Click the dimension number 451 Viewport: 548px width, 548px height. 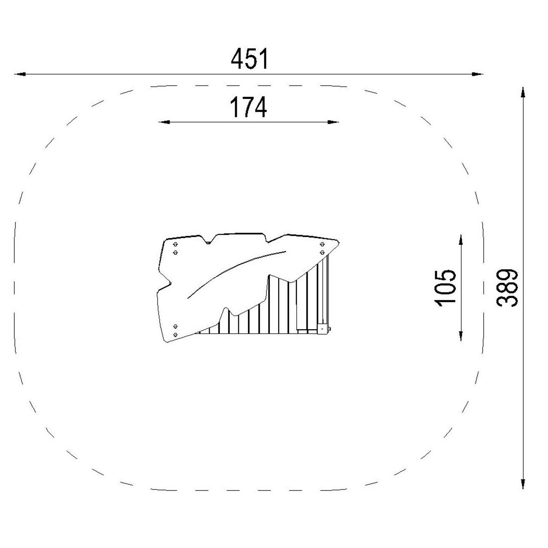pyautogui.click(x=249, y=59)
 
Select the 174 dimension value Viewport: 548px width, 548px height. pyautogui.click(x=248, y=107)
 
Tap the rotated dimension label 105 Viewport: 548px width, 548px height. pyautogui.click(x=445, y=288)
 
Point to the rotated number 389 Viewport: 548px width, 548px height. pyautogui.click(x=507, y=288)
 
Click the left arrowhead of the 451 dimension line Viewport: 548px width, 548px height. pyautogui.click(x=20, y=74)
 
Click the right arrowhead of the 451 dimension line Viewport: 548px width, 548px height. pyautogui.click(x=477, y=74)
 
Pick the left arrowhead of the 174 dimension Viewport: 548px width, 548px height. pyautogui.click(x=164, y=122)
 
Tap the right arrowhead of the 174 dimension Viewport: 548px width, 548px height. pyautogui.click(x=333, y=122)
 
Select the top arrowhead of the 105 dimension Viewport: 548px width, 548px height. pyautogui.click(x=461, y=240)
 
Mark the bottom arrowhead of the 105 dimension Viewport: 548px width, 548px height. pyautogui.click(x=461, y=336)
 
